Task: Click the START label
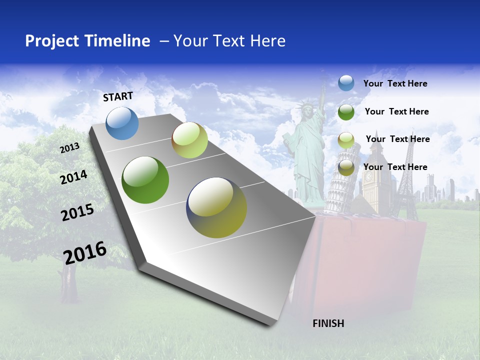(118, 96)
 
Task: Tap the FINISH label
(328, 323)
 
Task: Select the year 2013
(69, 148)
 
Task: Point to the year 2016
(85, 252)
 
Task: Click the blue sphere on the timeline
(122, 123)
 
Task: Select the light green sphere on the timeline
(189, 140)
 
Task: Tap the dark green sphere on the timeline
(145, 180)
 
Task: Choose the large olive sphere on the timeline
(216, 207)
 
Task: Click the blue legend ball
(346, 83)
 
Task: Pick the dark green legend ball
(346, 111)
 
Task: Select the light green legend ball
(346, 140)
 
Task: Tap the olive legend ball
(346, 168)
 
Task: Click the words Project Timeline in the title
(87, 41)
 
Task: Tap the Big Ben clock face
(369, 178)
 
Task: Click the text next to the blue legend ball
(395, 83)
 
